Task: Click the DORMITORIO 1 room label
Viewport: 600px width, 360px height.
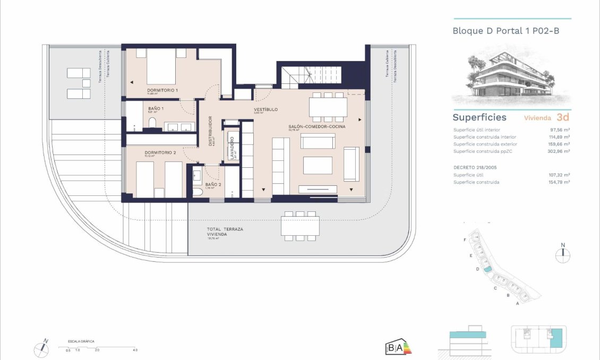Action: tap(162, 90)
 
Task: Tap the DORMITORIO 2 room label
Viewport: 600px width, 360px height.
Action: tap(160, 153)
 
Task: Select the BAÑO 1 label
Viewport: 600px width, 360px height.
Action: tap(156, 109)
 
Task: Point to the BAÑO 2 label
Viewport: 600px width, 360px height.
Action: tap(211, 185)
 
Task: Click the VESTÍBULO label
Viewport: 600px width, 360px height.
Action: tap(265, 109)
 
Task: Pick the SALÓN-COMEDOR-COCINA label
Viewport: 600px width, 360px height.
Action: tap(317, 127)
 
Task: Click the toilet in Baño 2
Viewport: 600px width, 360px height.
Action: tap(197, 191)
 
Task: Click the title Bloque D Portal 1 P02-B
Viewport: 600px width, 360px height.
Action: tap(505, 31)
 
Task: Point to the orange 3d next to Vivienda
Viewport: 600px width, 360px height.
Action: tap(563, 117)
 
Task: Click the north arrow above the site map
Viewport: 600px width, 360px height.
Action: tap(563, 253)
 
